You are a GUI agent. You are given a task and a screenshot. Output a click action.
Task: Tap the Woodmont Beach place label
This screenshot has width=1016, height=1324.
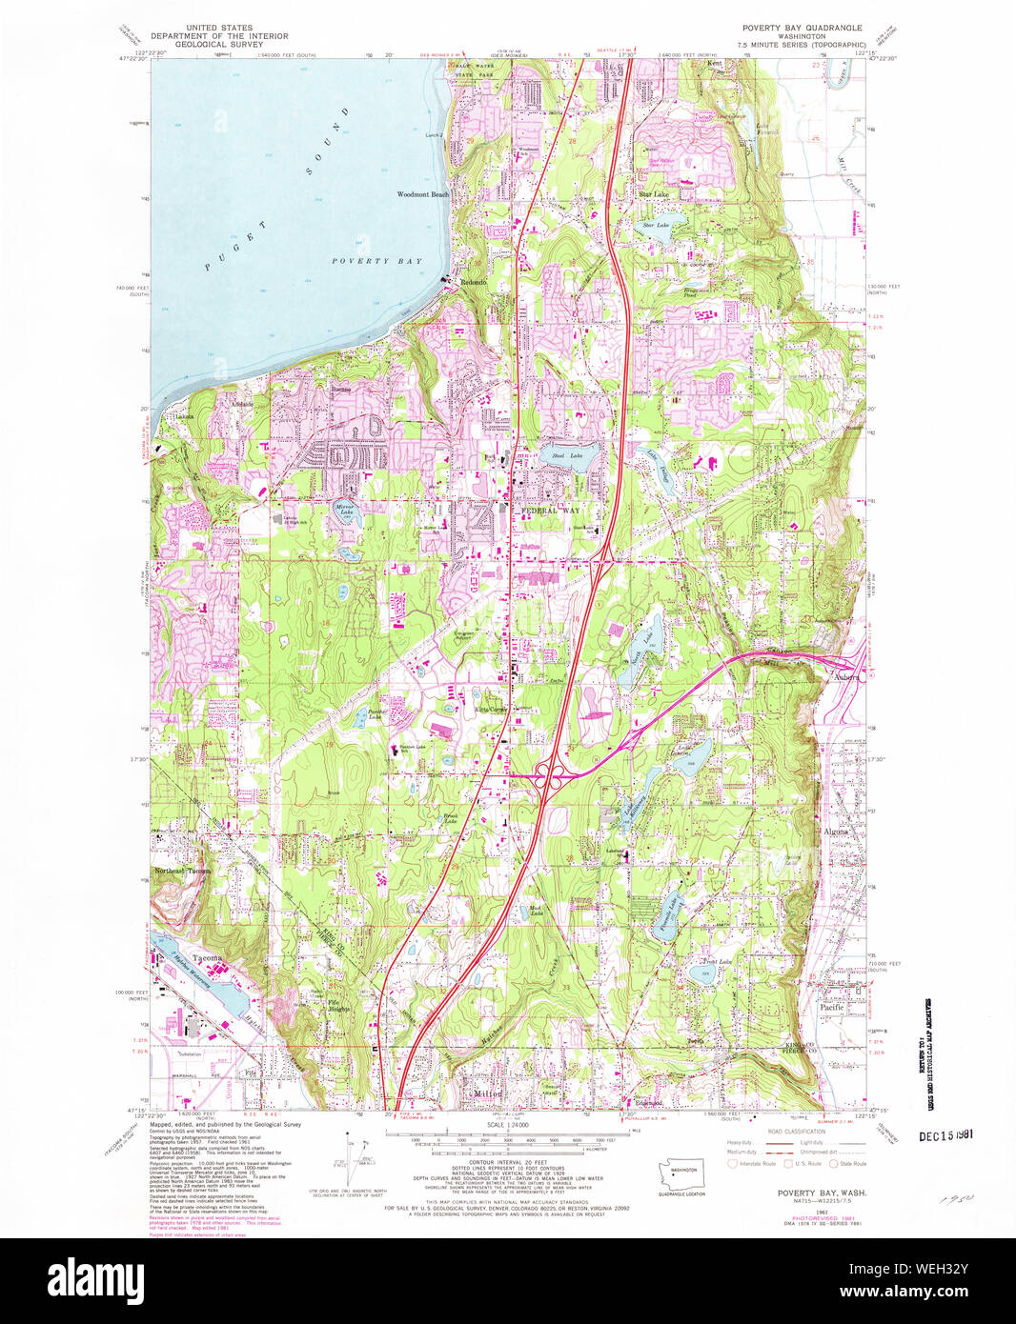tap(422, 194)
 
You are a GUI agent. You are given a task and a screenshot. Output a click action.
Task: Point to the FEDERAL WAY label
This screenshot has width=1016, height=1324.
tap(550, 511)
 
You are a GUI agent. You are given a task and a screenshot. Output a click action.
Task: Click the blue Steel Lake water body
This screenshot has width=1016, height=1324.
tap(569, 455)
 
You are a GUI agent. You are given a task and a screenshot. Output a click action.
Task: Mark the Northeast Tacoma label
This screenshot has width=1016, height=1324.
tap(182, 871)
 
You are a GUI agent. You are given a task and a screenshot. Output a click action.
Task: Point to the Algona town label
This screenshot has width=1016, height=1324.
tap(834, 832)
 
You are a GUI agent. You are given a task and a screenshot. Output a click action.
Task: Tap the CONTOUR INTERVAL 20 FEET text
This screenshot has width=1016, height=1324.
tap(510, 1163)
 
